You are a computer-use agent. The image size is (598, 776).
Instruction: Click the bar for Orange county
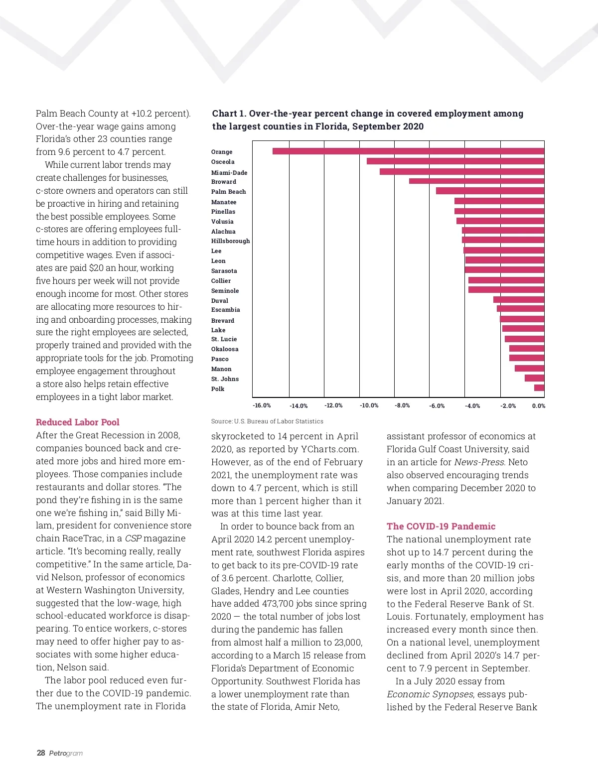[408, 151]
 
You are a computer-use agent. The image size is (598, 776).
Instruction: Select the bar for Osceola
[455, 161]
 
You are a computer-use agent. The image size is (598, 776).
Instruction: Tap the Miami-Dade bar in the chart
[461, 171]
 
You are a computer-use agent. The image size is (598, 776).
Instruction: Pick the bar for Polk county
[539, 388]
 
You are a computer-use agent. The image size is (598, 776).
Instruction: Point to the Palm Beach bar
[490, 191]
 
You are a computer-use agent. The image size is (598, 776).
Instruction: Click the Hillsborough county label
[230, 241]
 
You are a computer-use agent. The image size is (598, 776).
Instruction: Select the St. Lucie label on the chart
[224, 339]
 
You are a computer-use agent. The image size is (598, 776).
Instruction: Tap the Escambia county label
[225, 310]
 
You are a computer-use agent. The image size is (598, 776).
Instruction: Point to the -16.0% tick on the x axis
[262, 405]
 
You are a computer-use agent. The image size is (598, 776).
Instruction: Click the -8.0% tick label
[402, 405]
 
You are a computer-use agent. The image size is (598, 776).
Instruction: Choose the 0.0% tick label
[538, 406]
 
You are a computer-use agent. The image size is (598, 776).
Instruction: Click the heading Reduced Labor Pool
[77, 422]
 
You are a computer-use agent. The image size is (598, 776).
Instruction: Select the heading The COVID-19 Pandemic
[441, 526]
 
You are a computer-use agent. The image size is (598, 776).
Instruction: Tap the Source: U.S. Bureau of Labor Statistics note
[267, 421]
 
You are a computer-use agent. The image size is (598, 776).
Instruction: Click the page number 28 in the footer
[41, 753]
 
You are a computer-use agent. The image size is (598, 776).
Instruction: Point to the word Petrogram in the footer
[66, 754]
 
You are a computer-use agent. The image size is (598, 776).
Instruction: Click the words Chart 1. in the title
[229, 114]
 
